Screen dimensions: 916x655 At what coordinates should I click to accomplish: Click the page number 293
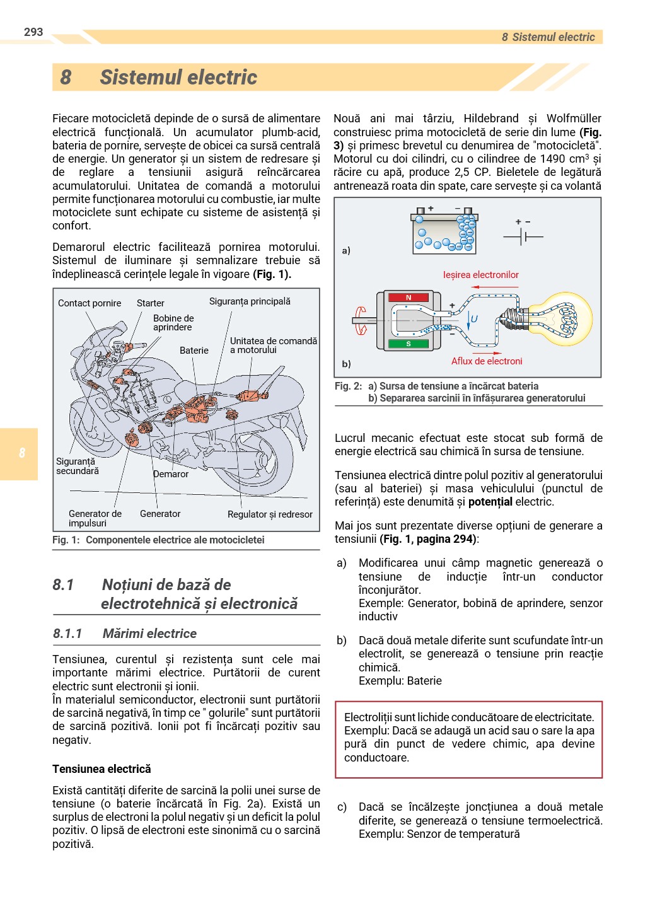click(x=33, y=32)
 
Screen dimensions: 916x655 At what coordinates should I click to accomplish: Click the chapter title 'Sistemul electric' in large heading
click(x=178, y=78)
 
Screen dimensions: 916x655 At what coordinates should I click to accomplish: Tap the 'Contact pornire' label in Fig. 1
click(x=90, y=303)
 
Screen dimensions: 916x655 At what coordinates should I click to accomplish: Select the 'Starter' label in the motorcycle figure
click(x=150, y=303)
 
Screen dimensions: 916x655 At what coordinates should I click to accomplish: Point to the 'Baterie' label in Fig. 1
click(x=194, y=351)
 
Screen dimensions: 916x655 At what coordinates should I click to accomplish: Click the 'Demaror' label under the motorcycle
click(x=171, y=474)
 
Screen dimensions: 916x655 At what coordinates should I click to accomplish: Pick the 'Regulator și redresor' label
click(x=270, y=514)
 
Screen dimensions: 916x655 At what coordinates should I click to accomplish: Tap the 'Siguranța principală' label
click(x=250, y=301)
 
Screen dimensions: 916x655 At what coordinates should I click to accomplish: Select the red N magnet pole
click(x=409, y=298)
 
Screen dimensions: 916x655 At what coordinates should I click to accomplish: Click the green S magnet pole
click(x=409, y=344)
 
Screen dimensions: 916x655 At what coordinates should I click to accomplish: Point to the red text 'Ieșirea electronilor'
click(x=480, y=275)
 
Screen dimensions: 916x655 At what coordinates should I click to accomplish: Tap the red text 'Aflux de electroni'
click(x=487, y=361)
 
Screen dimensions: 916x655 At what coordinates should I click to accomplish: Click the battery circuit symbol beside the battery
click(x=523, y=236)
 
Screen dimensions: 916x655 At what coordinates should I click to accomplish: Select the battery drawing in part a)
click(x=444, y=231)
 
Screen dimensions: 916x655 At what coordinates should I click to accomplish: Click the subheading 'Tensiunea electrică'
click(x=101, y=769)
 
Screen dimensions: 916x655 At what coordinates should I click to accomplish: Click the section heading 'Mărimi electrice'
click(x=149, y=634)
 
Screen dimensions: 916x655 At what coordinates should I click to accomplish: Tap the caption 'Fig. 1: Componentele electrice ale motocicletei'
click(x=158, y=540)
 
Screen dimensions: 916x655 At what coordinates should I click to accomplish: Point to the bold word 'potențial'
click(x=490, y=502)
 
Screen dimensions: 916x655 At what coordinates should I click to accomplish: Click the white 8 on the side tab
click(x=22, y=453)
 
